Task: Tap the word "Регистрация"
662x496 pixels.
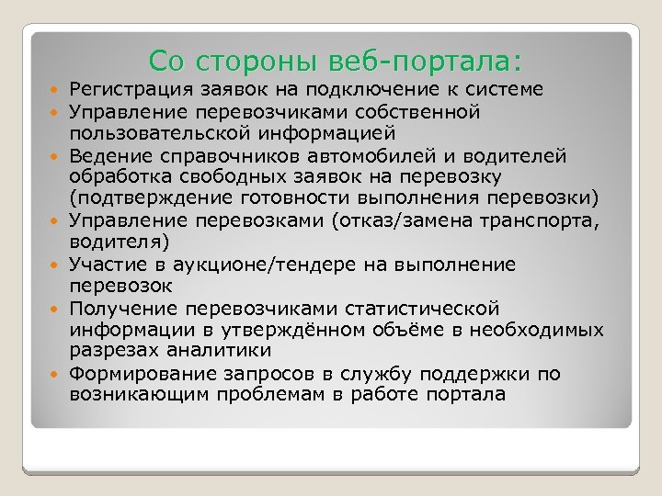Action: click(129, 89)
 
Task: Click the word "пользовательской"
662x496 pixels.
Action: click(148, 133)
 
